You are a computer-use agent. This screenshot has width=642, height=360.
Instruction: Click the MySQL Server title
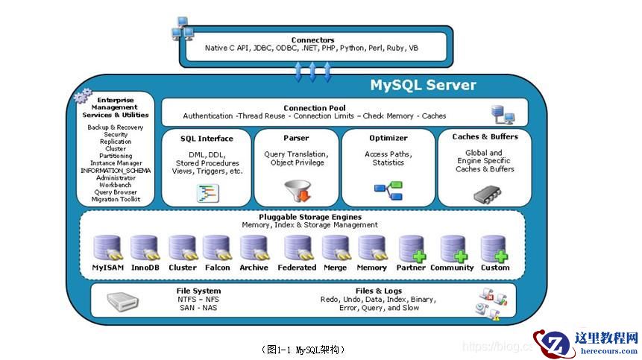[x=423, y=85]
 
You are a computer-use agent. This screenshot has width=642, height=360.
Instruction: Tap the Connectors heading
[x=312, y=40]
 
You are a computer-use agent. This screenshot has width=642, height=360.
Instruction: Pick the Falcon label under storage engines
[x=217, y=268]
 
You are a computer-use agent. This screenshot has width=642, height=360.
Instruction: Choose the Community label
[x=452, y=268]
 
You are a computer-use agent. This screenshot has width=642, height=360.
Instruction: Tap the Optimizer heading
[x=388, y=138]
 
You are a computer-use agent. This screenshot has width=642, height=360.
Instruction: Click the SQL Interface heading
[x=207, y=138]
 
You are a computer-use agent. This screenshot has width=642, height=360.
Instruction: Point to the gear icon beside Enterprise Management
[x=84, y=96]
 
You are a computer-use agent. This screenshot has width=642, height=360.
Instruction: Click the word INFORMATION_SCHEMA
[x=116, y=171]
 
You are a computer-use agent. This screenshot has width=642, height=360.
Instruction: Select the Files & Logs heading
[x=378, y=291]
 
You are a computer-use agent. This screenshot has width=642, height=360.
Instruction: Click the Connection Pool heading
[x=315, y=108]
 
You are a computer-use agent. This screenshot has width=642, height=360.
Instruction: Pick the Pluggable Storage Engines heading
[x=309, y=217]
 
